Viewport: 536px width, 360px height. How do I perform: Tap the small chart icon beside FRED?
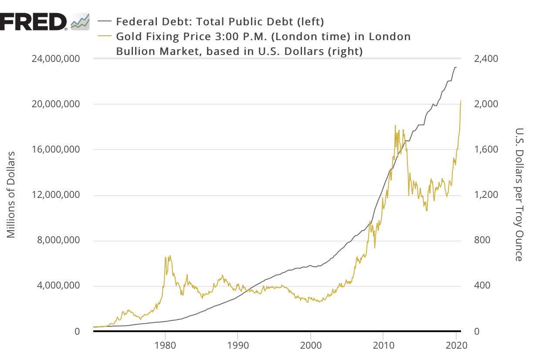click(80, 21)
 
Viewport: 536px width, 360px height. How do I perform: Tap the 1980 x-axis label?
click(165, 346)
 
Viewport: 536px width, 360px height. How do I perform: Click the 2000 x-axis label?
click(310, 346)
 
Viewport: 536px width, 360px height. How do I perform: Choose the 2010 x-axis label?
click(383, 346)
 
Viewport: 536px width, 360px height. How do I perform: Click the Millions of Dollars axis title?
click(11, 195)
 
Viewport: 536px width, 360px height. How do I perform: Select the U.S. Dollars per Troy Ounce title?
click(519, 195)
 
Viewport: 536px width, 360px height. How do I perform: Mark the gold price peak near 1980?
click(170, 256)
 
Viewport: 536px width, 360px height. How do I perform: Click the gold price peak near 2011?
click(395, 126)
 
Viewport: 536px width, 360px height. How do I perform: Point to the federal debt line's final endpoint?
click(456, 67)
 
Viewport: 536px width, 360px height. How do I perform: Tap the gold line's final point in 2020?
click(461, 101)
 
